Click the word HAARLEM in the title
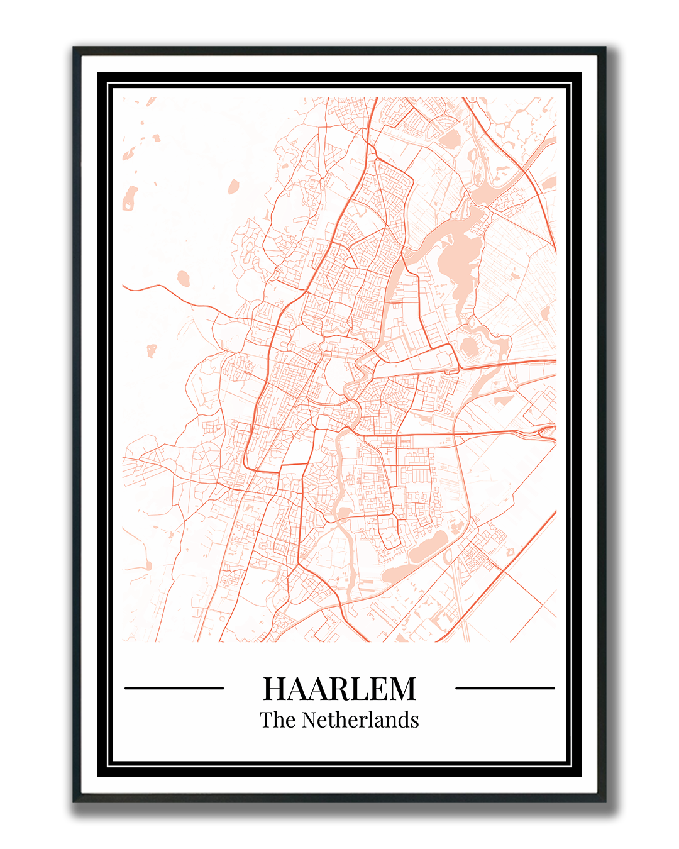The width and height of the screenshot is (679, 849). click(x=339, y=689)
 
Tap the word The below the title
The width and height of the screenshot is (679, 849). click(x=277, y=720)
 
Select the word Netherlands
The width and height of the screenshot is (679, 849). click(x=360, y=720)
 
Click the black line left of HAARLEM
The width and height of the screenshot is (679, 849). click(x=174, y=688)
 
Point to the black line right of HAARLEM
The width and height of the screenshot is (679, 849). click(x=505, y=688)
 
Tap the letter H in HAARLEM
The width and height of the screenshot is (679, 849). click(x=275, y=689)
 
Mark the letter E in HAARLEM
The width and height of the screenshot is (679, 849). click(x=379, y=689)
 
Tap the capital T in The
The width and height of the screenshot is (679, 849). click(x=266, y=720)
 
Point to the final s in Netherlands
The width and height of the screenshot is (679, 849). click(x=415, y=721)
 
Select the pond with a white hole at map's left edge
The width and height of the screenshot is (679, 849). click(x=131, y=198)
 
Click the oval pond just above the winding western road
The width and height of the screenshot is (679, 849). click(x=183, y=277)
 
